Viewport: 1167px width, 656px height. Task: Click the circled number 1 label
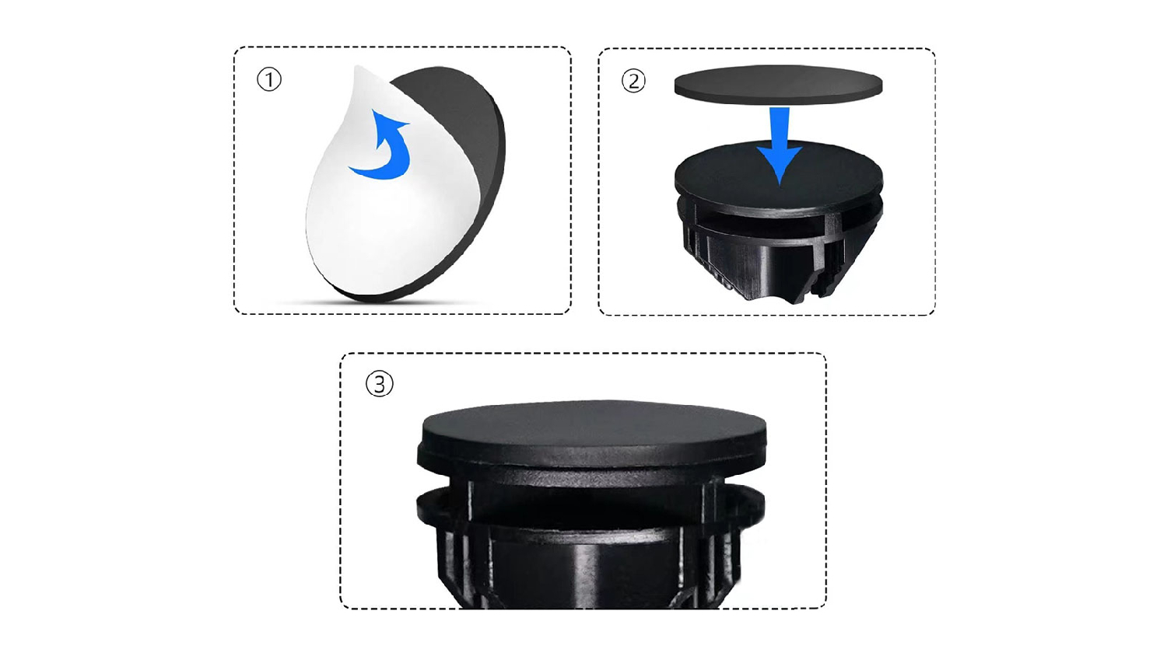pyautogui.click(x=269, y=79)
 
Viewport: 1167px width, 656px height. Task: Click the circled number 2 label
pyautogui.click(x=633, y=81)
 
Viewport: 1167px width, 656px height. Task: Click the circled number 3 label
pyautogui.click(x=380, y=384)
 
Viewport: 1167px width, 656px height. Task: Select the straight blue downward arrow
pyautogui.click(x=779, y=146)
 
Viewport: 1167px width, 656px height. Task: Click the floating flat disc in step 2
pyautogui.click(x=778, y=84)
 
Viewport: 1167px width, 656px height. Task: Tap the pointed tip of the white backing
pyautogui.click(x=356, y=67)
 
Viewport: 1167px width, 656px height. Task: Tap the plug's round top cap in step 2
pyautogui.click(x=778, y=174)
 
